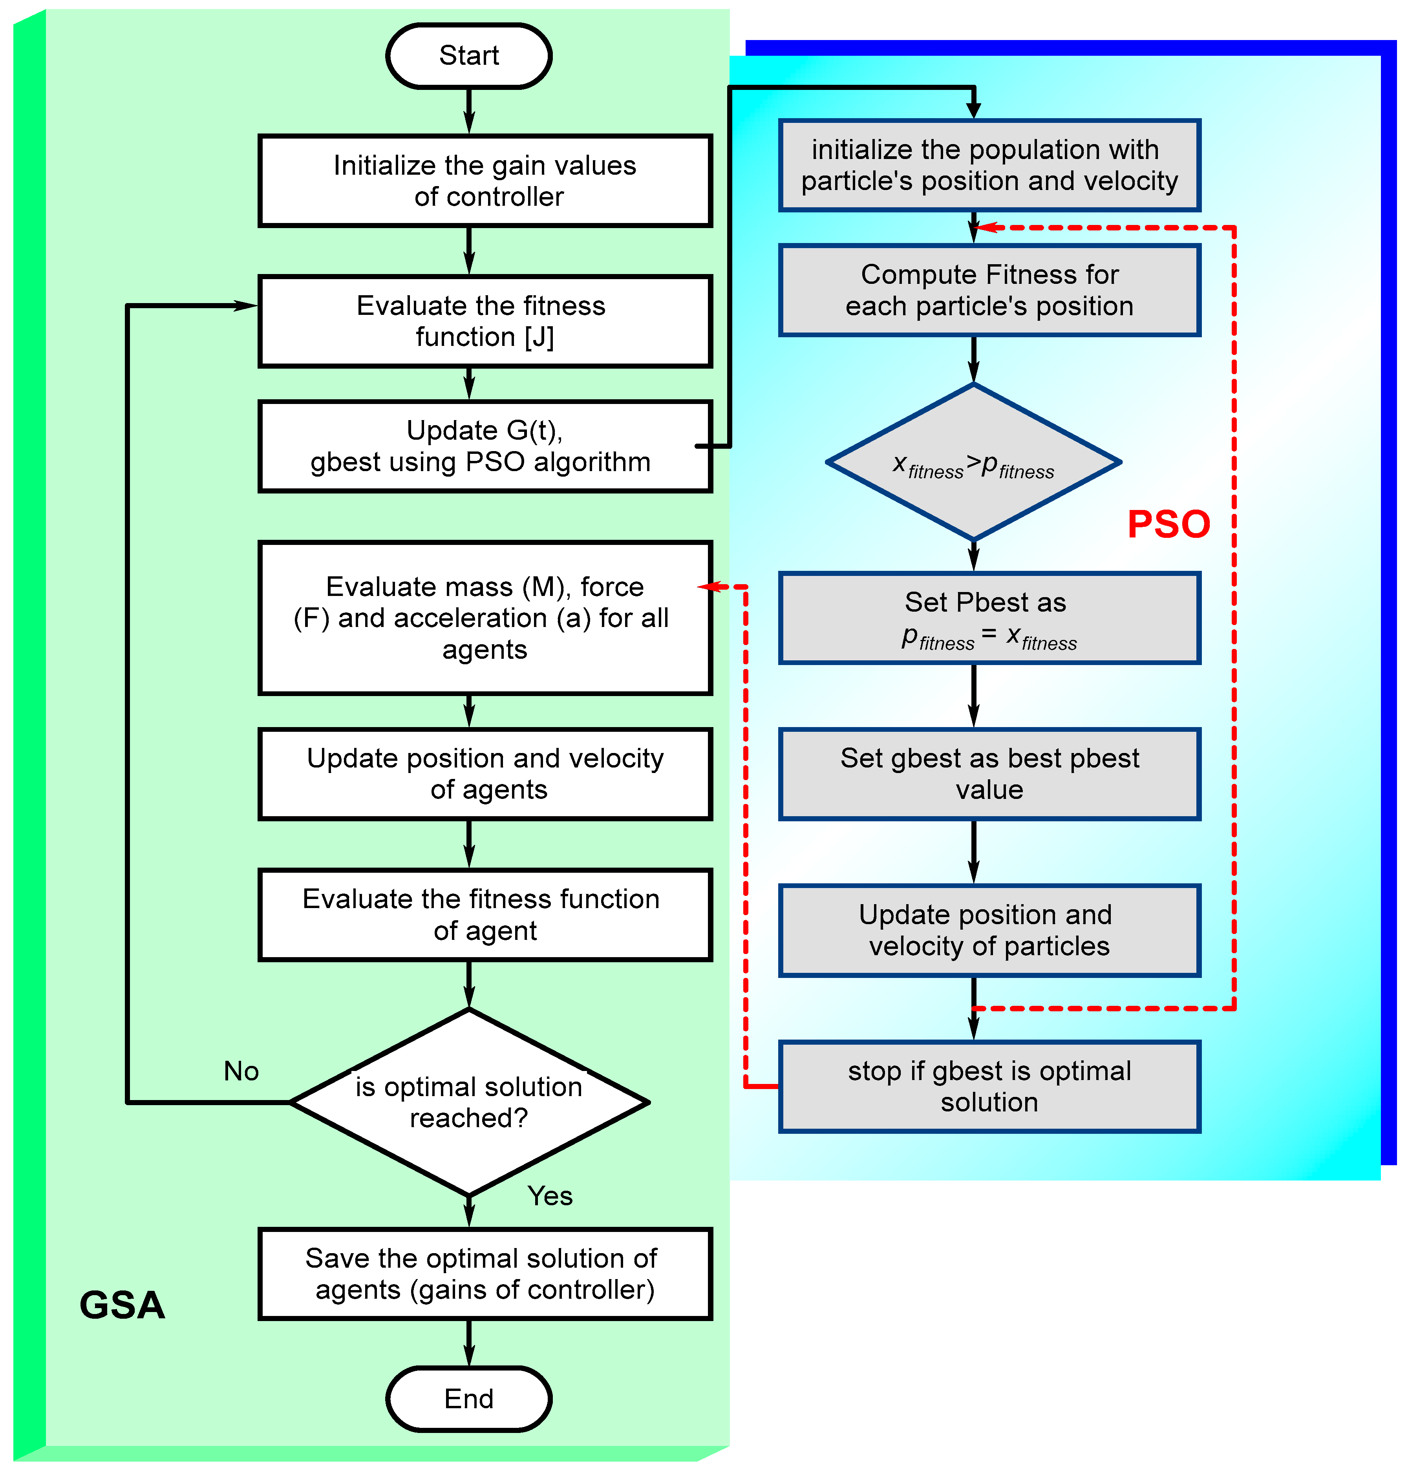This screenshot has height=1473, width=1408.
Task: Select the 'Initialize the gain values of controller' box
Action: (x=485, y=181)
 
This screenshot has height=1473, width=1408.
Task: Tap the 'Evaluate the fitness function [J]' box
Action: (x=485, y=321)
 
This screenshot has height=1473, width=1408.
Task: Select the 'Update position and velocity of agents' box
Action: (x=485, y=774)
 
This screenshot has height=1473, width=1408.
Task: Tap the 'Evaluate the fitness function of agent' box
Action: (x=485, y=915)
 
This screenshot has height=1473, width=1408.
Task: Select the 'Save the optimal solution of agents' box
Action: (x=485, y=1274)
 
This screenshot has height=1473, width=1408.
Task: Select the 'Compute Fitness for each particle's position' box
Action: (x=989, y=291)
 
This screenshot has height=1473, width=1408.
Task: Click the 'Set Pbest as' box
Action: (x=989, y=618)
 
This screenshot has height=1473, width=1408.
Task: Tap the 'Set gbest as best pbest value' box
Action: (x=989, y=774)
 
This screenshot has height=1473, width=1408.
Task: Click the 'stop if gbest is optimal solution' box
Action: (x=989, y=1087)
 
